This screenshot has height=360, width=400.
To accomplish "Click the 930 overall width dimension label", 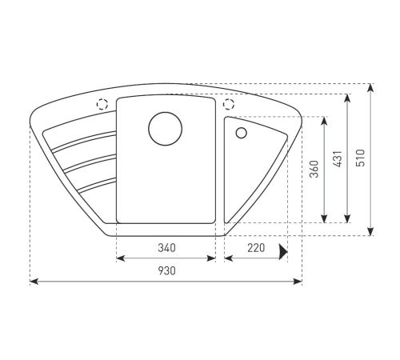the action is point(167,271).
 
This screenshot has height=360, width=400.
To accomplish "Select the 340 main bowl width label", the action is point(167,248).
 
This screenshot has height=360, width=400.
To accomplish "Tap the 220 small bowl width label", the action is point(256,248).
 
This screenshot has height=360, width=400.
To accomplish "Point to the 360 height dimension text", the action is point(314,169).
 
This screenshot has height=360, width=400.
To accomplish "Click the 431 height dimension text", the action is point(338,159).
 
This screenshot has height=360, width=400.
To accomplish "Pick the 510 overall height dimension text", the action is point(360,158).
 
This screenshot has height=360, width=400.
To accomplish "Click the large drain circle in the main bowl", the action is point(166,129).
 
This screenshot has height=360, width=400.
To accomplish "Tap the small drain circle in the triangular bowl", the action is point(242,133).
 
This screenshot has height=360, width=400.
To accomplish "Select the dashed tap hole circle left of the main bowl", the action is point(102,104).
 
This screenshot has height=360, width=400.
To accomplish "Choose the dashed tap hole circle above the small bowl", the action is point(229,104).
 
